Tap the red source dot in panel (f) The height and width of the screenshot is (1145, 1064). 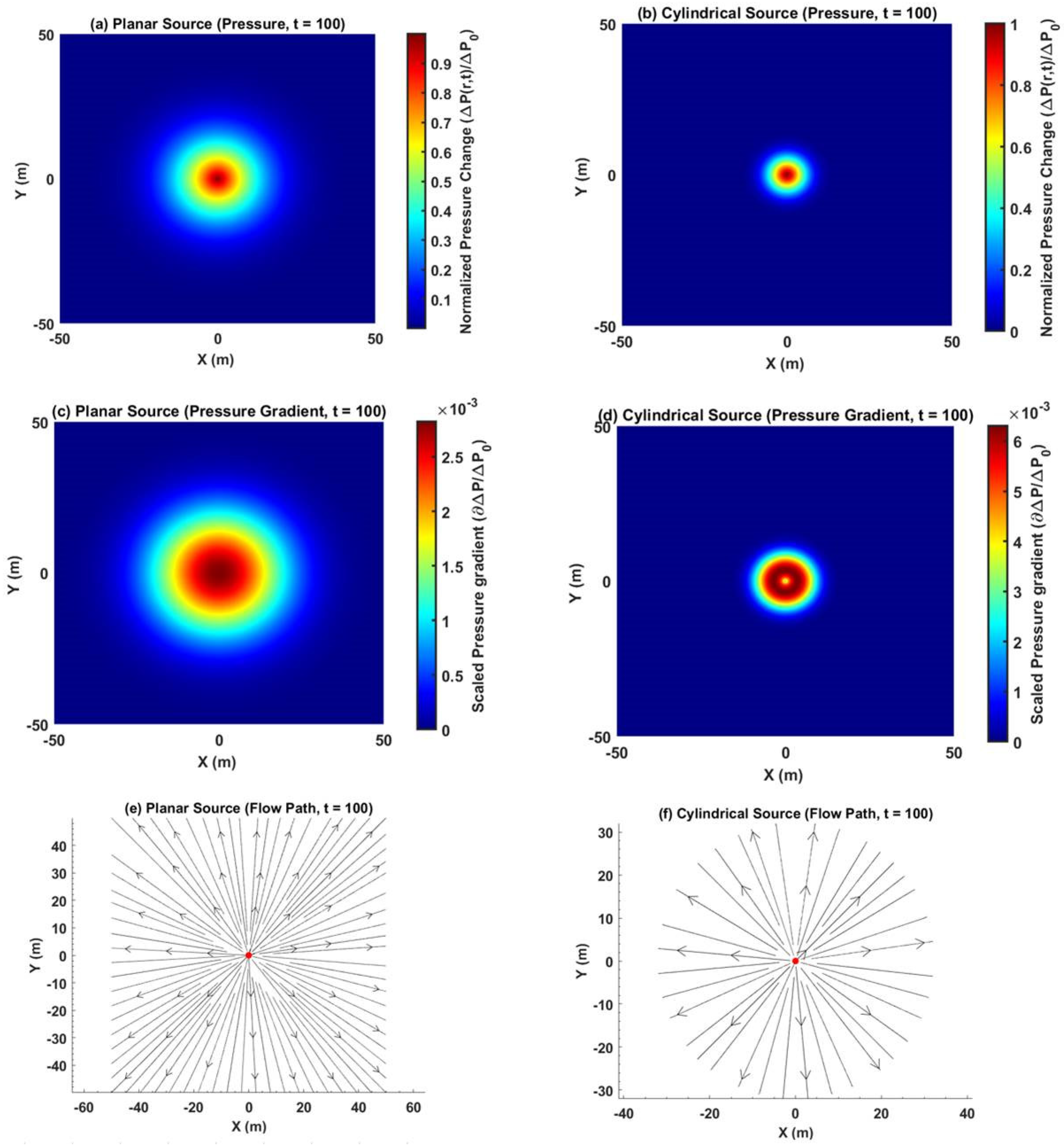pos(795,961)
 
